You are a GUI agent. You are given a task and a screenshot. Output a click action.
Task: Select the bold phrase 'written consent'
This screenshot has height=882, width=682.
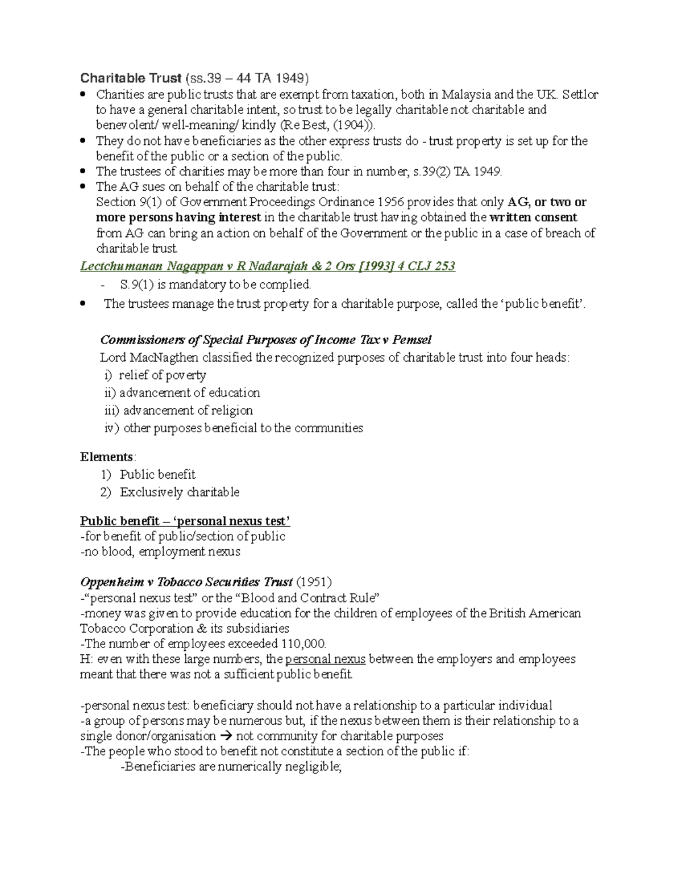pos(533,218)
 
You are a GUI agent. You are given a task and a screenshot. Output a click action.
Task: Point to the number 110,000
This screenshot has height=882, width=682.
pos(303,644)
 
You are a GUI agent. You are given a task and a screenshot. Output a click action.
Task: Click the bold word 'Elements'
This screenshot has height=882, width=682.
pos(107,457)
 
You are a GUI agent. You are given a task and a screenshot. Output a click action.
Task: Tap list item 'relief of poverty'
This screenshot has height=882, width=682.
pos(162,375)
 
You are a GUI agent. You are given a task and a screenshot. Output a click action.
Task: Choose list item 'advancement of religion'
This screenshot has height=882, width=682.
pos(188,411)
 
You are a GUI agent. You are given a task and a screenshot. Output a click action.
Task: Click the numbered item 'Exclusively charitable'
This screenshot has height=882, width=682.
pos(180,492)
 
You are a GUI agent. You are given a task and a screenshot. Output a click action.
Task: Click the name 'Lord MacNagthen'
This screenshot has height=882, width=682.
pos(143,358)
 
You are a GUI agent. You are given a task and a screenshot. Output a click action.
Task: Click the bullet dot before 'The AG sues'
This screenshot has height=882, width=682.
pos(84,186)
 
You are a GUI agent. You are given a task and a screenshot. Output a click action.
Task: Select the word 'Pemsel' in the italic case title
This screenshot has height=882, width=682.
pos(413,340)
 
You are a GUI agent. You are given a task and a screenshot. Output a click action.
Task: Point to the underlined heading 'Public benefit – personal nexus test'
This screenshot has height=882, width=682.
pos(185,521)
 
